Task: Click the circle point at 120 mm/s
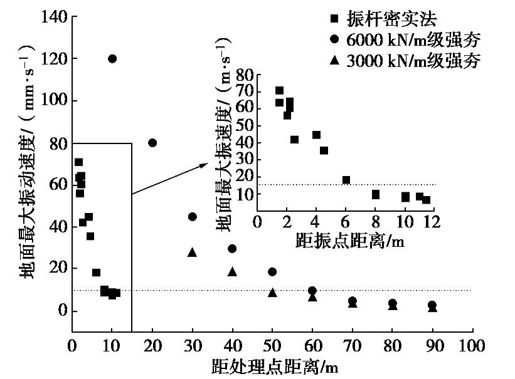pyautogui.click(x=112, y=59)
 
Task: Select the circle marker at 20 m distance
pyautogui.click(x=152, y=143)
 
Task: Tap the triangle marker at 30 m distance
pyautogui.click(x=192, y=252)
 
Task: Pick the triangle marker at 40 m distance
pyautogui.click(x=232, y=271)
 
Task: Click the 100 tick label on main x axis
pyautogui.click(x=471, y=346)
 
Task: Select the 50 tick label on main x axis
pyautogui.click(x=272, y=346)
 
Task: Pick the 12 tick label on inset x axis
pyautogui.click(x=433, y=221)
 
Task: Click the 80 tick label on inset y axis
pyautogui.click(x=245, y=75)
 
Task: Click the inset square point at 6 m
pyautogui.click(x=346, y=180)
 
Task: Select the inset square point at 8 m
pyautogui.click(x=376, y=194)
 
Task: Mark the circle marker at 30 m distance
pyautogui.click(x=192, y=217)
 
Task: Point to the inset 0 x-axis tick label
pyautogui.click(x=257, y=221)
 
